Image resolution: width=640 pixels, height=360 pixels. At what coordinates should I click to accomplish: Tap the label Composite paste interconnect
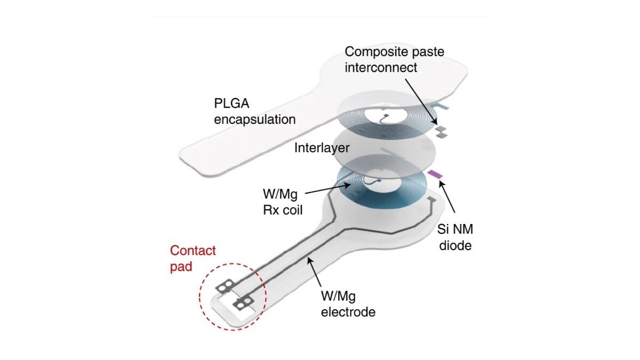(394, 59)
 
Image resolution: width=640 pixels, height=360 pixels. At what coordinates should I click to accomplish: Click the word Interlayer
(322, 148)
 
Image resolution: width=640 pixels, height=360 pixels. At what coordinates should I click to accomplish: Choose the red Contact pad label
(193, 258)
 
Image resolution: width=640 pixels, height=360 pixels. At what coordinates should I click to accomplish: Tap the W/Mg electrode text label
(348, 304)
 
